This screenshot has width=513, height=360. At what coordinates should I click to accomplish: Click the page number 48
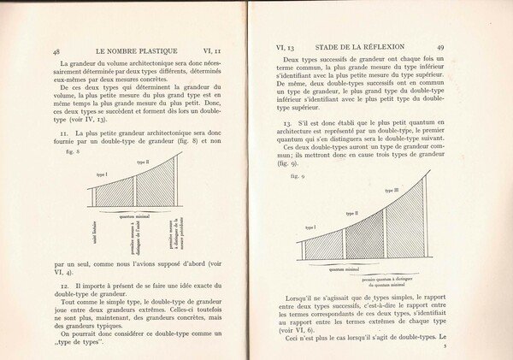[x=56, y=51]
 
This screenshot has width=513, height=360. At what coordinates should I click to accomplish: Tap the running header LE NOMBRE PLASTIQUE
[x=129, y=50]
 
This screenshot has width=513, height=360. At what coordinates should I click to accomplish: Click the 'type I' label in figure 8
[x=102, y=174]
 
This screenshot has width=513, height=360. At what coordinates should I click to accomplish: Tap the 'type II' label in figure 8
[x=142, y=162]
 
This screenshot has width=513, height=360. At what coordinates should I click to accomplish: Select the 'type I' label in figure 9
[x=310, y=227]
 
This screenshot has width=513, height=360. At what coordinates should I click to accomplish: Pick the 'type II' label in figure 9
[x=351, y=213]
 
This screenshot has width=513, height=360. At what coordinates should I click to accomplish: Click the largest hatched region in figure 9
[x=404, y=227]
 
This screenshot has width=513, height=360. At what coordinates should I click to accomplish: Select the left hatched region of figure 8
[x=114, y=192]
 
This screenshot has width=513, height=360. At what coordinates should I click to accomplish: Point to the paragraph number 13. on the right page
[x=287, y=123]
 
